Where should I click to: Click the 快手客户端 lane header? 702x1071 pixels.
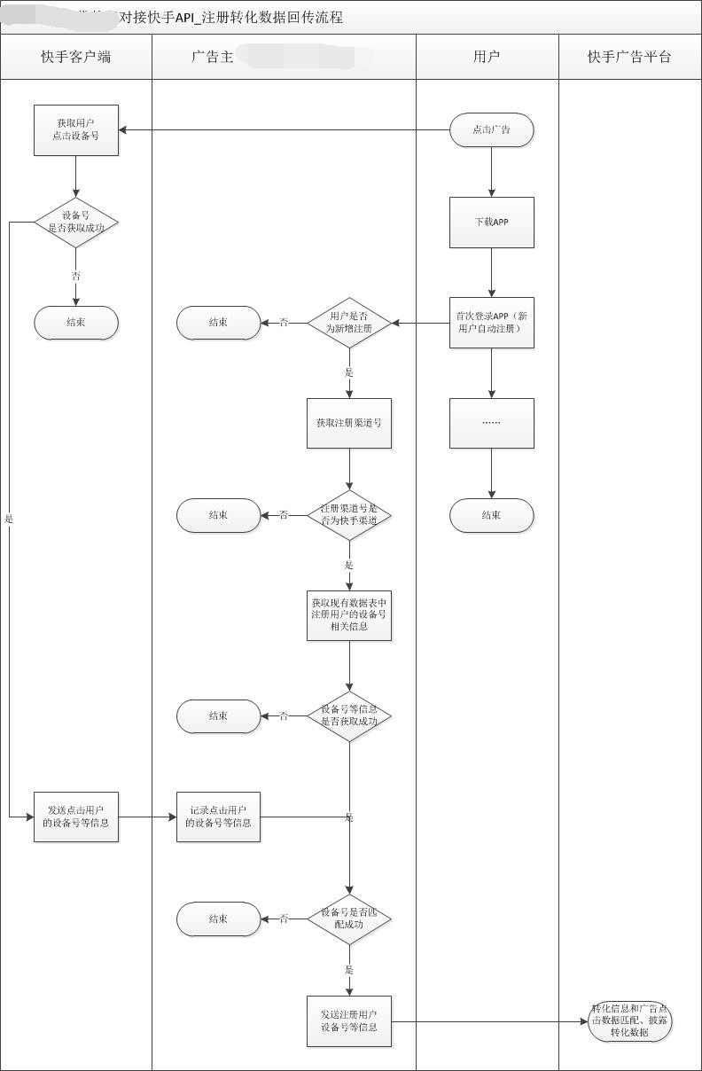point(76,57)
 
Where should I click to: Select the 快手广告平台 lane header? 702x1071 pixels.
point(629,57)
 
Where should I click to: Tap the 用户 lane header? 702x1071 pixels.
point(487,57)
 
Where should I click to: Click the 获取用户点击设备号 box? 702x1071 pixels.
point(76,130)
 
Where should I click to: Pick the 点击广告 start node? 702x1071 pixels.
point(491,129)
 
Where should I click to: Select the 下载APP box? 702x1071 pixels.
point(491,223)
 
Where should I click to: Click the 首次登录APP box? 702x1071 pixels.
point(491,323)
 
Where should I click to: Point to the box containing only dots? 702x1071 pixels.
point(491,423)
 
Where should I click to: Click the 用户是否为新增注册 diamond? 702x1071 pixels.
point(349,323)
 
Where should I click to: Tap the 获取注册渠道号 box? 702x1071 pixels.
point(349,423)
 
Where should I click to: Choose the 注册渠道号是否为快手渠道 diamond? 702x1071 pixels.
point(349,515)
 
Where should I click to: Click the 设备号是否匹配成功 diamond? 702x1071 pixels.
point(349,919)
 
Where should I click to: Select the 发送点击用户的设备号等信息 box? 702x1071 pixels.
point(76,817)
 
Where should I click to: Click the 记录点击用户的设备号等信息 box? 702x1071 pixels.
point(218,817)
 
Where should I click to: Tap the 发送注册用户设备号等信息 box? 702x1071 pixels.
point(349,1021)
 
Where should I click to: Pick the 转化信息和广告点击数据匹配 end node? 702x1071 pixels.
point(630,1021)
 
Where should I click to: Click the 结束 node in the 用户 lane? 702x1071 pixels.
point(491,515)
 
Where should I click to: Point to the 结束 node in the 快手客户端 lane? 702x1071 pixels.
point(76,323)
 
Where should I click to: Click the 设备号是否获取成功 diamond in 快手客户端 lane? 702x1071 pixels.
point(76,223)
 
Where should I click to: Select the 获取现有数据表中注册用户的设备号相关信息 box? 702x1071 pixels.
point(349,615)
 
